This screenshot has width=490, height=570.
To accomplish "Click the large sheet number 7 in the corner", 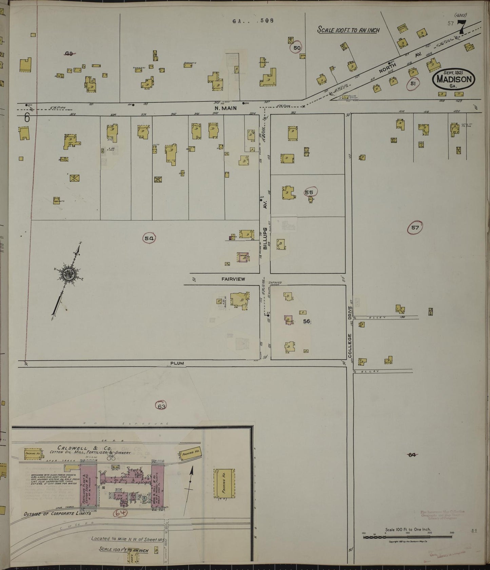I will (462, 27).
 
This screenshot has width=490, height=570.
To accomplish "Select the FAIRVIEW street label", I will (233, 279).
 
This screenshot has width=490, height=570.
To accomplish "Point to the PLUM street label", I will (177, 363).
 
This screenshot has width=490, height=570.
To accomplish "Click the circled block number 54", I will (149, 238).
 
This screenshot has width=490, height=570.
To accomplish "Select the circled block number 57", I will (415, 228).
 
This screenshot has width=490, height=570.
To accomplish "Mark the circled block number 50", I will (297, 48).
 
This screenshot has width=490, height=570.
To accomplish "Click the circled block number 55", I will (309, 192).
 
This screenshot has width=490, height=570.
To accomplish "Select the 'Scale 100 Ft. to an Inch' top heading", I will (348, 30).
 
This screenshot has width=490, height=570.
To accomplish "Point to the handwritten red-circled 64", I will (120, 513).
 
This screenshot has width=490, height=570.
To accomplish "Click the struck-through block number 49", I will (70, 53).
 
